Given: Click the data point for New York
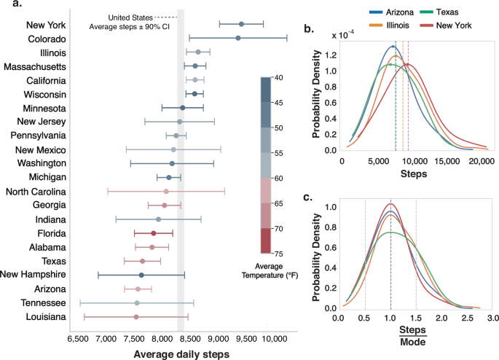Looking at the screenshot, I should point(242,24).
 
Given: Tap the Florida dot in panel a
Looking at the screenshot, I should point(153,233).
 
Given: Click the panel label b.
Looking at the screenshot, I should point(309,30).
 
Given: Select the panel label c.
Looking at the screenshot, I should point(309,195).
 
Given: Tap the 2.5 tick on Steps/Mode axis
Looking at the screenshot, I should point(467,319).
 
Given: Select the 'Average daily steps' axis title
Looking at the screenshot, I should point(181,353).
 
